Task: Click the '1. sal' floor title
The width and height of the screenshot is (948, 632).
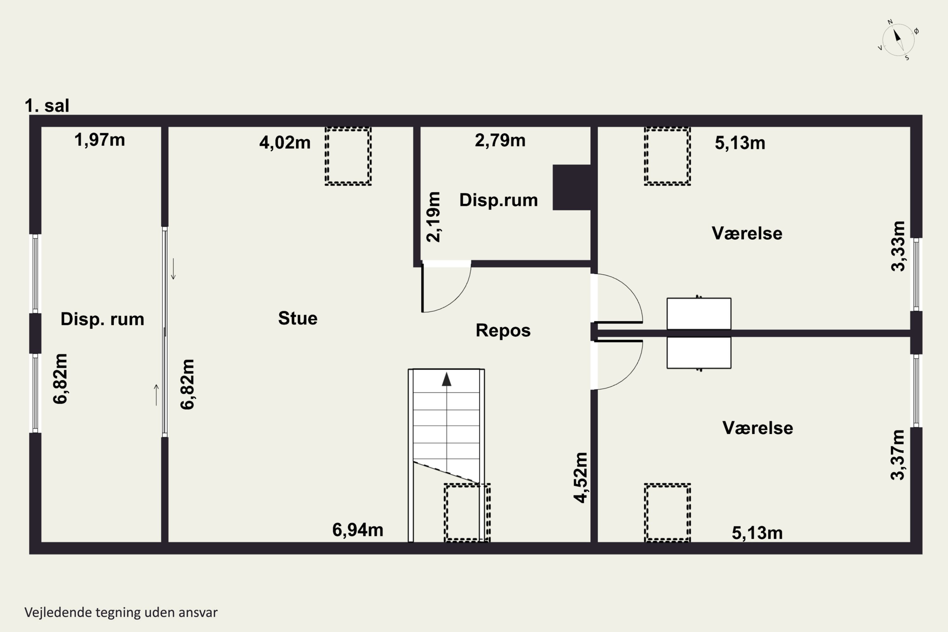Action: tap(47, 106)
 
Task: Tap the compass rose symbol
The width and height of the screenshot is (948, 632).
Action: tap(898, 40)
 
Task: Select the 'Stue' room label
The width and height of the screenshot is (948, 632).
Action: tap(298, 319)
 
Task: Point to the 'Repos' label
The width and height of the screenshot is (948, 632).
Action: tap(503, 331)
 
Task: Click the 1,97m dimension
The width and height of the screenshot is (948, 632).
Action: tap(100, 140)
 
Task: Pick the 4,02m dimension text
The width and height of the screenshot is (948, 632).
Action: tap(285, 143)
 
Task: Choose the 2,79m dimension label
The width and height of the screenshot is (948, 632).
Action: tap(500, 140)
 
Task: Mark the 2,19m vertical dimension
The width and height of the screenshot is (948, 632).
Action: tap(434, 217)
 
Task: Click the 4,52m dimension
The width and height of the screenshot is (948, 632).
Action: tap(581, 477)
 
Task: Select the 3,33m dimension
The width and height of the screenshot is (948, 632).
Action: tap(898, 246)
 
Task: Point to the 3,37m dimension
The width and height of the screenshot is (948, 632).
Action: tap(898, 455)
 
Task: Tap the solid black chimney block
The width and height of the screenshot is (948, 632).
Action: tap(572, 187)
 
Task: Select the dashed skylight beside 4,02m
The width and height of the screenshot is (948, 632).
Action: tap(348, 156)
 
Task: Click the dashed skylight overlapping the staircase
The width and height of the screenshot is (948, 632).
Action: tap(467, 513)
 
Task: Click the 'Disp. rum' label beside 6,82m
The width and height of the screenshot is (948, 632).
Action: tap(102, 319)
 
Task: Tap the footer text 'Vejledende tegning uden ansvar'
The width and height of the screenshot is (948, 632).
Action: tap(121, 612)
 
